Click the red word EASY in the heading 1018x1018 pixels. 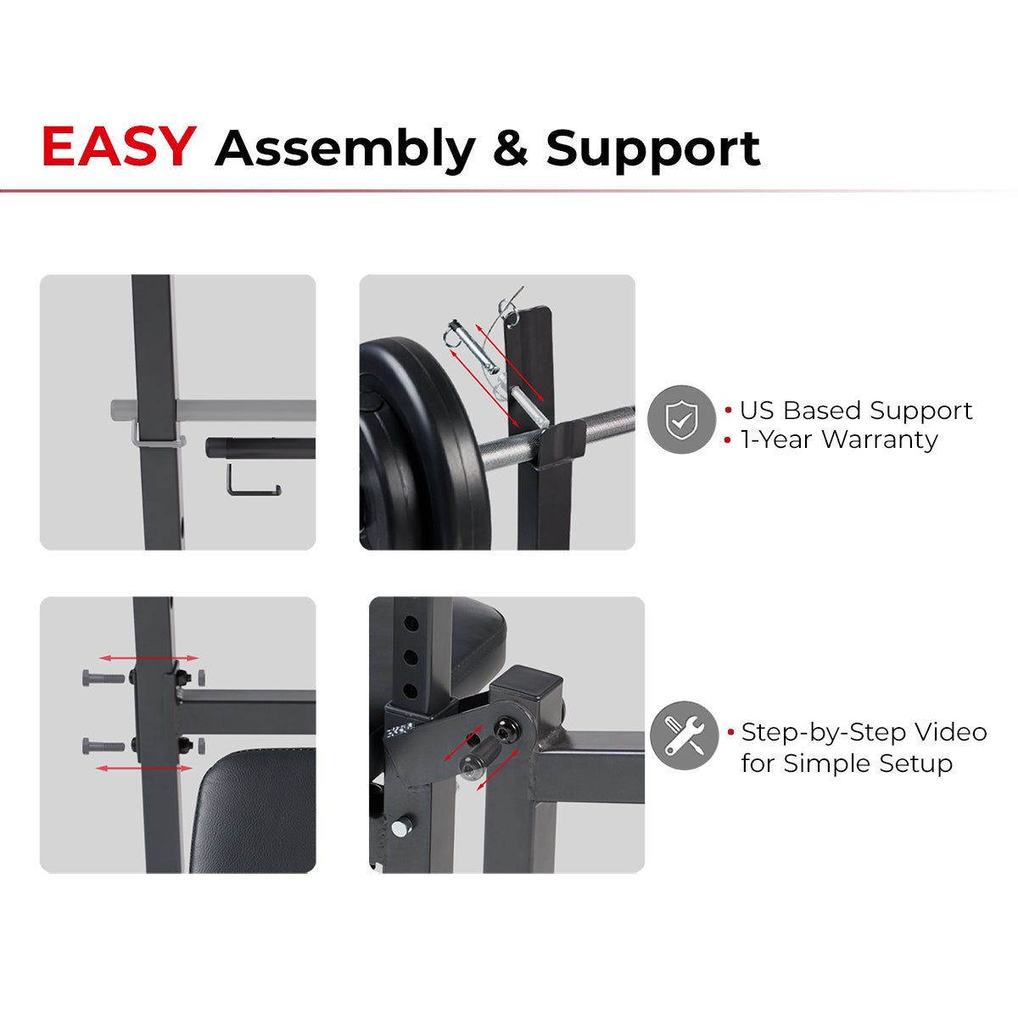[x=119, y=147]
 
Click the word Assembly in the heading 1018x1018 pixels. [x=345, y=149]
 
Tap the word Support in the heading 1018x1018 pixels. [x=652, y=149]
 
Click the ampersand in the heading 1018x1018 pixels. [x=510, y=148]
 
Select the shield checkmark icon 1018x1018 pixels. [x=681, y=419]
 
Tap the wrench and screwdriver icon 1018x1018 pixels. [x=684, y=736]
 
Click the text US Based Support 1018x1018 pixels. [x=855, y=411]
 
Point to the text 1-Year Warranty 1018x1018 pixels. [x=838, y=439]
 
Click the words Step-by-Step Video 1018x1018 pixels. [x=864, y=732]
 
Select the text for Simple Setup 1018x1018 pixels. [x=846, y=763]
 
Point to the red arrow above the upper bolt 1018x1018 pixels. [x=148, y=657]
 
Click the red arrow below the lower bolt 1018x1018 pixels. [x=144, y=769]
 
